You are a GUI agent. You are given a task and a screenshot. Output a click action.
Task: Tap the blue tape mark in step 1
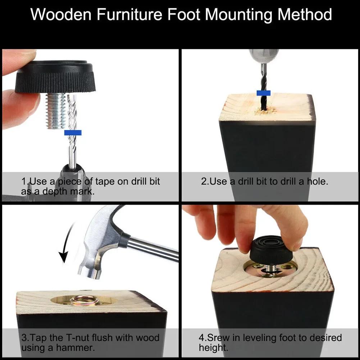point(73,133)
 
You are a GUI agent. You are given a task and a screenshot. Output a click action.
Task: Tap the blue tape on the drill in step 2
point(263,93)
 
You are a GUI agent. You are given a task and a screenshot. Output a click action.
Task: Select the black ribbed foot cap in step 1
point(55,77)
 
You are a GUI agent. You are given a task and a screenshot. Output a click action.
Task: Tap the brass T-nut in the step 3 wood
point(84,300)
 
